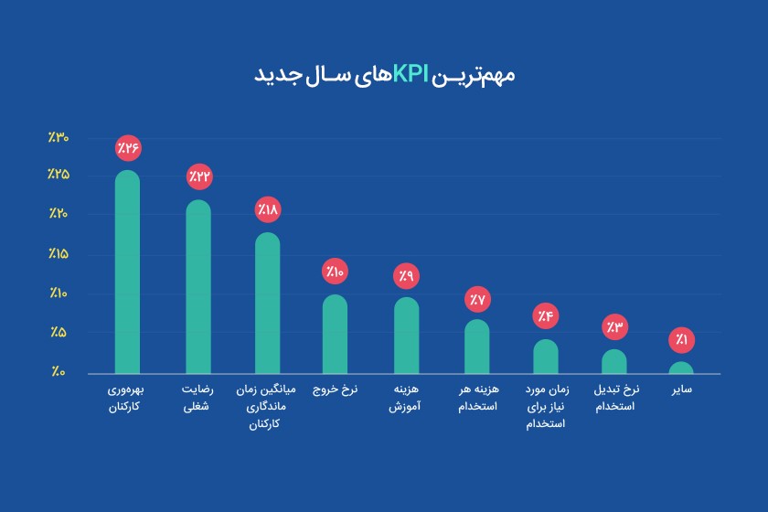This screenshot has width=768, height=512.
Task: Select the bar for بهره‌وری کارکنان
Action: coord(128,274)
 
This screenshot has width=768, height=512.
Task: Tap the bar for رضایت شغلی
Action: coord(198,288)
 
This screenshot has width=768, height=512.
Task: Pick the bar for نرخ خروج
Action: coord(336,335)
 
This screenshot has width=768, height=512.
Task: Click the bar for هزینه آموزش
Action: coord(407,336)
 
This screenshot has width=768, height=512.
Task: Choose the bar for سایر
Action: coord(681,368)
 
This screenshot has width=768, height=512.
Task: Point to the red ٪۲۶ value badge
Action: coord(128,147)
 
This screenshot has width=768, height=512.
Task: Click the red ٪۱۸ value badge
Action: coord(267,208)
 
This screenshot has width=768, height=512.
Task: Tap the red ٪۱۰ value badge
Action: coord(336,271)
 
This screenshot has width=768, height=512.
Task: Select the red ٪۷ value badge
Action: coord(477,298)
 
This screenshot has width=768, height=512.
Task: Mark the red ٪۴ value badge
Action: coord(545,316)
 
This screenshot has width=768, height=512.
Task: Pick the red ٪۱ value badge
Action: coord(681,340)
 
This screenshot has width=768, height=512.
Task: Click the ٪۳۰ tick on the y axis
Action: coord(59,138)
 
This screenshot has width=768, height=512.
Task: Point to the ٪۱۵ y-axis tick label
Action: coord(59,253)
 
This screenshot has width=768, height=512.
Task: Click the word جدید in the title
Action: coord(278,74)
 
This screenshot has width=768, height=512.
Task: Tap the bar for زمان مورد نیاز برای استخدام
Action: coord(545,357)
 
